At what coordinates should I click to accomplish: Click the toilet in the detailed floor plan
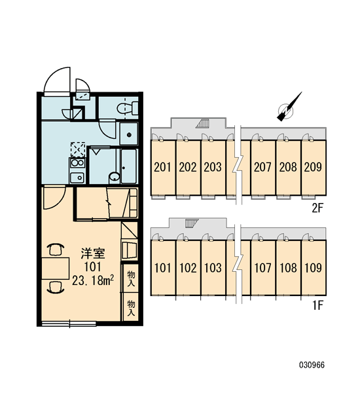128,108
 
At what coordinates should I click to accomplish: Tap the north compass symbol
287,108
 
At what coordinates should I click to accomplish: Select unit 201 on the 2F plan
162,167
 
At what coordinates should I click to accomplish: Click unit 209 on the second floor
314,167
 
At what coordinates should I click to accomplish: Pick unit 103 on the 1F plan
213,268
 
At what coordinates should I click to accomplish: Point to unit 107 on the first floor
263,268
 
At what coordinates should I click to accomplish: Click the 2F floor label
317,208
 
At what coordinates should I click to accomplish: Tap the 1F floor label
318,305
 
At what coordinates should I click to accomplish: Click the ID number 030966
312,365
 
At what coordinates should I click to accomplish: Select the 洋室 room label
93,253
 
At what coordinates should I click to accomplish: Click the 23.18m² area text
93,280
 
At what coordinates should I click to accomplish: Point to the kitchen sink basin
77,178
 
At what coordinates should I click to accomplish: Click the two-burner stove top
77,163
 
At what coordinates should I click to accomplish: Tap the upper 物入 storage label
131,278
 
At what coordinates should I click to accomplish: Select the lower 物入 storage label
131,308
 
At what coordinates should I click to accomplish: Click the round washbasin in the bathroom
115,178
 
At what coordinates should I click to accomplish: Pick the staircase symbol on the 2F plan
202,124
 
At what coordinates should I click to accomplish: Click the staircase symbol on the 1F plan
192,223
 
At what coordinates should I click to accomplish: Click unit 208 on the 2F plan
289,167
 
